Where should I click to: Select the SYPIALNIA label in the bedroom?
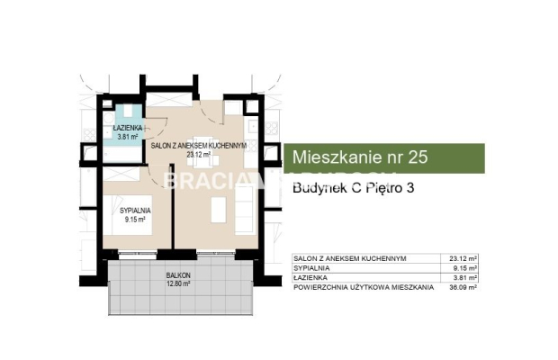pyautogui.click(x=134, y=210)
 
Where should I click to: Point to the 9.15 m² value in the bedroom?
pyautogui.click(x=134, y=219)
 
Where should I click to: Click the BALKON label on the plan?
pyautogui.click(x=177, y=276)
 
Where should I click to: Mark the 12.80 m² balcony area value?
pyautogui.click(x=177, y=285)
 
